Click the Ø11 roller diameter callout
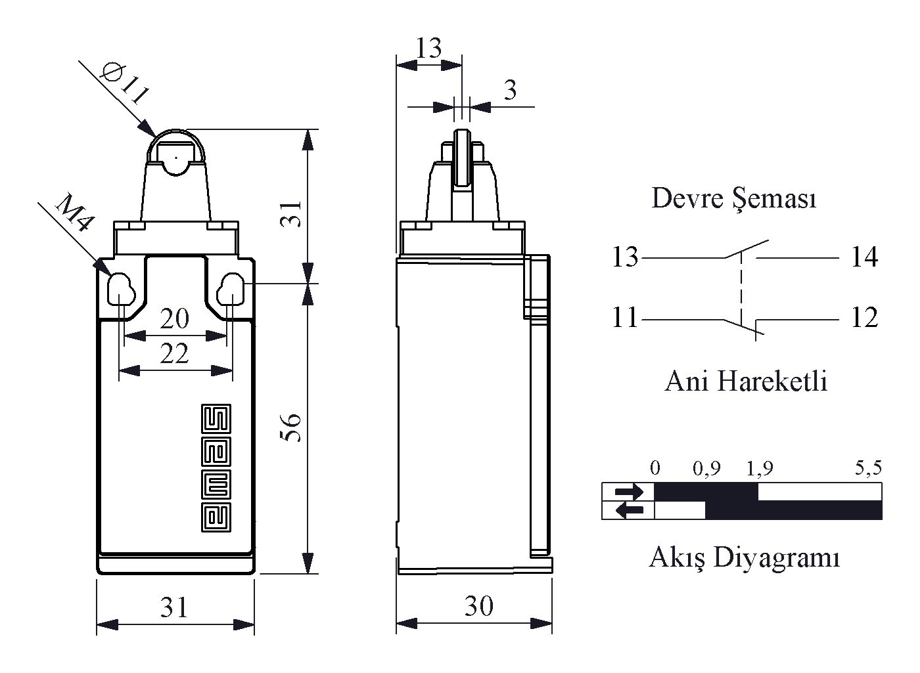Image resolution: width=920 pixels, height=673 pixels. [124, 85]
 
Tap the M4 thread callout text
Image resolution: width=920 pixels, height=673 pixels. [74, 213]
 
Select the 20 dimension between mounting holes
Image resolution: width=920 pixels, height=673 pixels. [175, 318]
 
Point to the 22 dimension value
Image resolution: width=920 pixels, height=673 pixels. [175, 353]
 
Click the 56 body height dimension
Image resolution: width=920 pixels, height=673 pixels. [291, 427]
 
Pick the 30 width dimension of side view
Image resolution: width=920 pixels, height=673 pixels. [479, 605]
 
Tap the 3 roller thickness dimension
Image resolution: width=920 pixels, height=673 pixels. [510, 91]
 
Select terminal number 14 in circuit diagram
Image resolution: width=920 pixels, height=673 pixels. [865, 257]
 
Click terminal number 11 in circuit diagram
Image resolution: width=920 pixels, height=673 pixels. [625, 317]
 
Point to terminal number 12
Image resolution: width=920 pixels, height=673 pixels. [865, 317]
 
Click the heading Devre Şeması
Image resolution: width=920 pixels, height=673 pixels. [734, 198]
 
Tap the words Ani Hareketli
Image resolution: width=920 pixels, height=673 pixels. [746, 381]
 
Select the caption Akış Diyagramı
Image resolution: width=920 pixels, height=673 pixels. [745, 557]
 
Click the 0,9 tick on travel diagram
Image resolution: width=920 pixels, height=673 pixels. [706, 469]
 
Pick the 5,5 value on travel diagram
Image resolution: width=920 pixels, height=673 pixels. [868, 467]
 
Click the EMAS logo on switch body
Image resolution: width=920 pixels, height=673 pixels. [216, 467]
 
